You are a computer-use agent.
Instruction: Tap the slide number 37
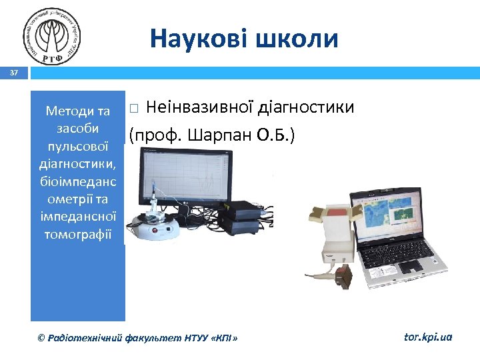13,73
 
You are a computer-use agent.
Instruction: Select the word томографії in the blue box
77,235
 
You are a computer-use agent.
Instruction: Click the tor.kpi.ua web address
428,337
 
